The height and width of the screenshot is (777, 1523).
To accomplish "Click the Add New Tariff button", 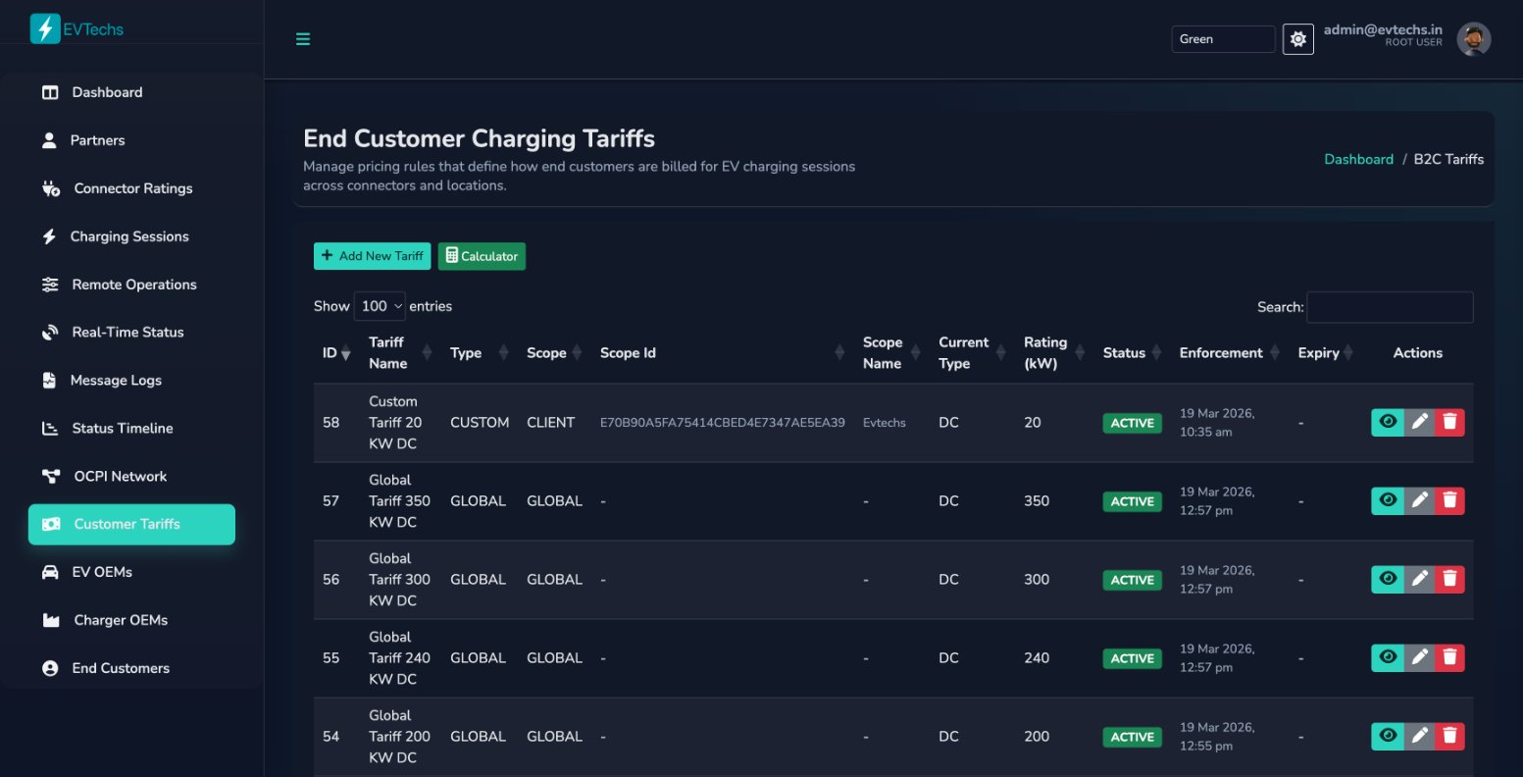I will (x=372, y=256).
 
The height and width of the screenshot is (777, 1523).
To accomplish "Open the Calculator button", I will (x=482, y=256).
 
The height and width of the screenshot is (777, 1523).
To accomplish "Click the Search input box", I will (x=1389, y=307).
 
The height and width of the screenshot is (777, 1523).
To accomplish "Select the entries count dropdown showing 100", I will (x=381, y=306).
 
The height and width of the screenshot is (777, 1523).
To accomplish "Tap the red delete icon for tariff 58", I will (x=1449, y=422).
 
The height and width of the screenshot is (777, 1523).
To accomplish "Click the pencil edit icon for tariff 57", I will (x=1418, y=500).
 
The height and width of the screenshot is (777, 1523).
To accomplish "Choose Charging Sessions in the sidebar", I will (x=128, y=236).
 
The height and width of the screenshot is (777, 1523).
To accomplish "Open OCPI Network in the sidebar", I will (x=120, y=476).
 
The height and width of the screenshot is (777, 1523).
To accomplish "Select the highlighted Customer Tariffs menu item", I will (x=131, y=524).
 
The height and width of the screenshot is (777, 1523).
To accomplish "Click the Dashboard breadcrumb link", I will (x=1358, y=159).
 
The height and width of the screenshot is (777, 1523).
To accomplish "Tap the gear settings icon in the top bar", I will (x=1297, y=39).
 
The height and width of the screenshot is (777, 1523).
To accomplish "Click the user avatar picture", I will (x=1473, y=39).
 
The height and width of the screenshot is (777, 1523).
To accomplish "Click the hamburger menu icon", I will (x=303, y=39).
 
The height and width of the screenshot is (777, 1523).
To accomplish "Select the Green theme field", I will (x=1222, y=39).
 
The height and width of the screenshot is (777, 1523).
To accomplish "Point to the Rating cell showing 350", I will (x=1036, y=500).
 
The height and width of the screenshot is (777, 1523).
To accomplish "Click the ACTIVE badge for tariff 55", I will (x=1132, y=658).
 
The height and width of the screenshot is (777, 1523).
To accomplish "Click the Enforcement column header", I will (x=1221, y=353).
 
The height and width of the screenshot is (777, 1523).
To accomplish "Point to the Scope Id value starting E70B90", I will (x=722, y=423).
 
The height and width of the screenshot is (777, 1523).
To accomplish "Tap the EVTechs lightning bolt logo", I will (x=44, y=28).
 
